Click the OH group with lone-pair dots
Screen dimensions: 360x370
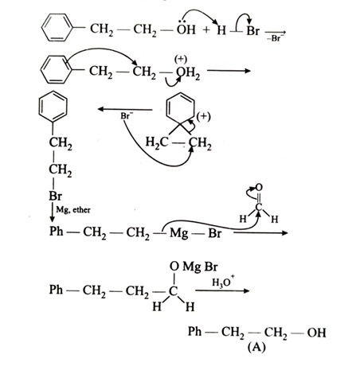[186, 28]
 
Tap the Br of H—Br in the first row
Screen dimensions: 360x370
[252, 30]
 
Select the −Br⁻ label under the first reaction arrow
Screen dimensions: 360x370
[276, 38]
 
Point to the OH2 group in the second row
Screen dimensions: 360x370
[188, 72]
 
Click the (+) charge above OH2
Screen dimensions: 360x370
[181, 60]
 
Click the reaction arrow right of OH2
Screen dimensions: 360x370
[229, 71]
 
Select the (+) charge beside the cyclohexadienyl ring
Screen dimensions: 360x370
[203, 116]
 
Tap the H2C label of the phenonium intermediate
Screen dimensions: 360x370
[157, 142]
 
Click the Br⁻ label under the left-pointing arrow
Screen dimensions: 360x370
[127, 116]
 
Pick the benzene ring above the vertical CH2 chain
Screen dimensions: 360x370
[53, 107]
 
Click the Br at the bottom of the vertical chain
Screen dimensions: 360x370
[55, 196]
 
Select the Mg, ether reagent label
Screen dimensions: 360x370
[73, 210]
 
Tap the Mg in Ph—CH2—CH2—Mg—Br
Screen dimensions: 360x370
[179, 233]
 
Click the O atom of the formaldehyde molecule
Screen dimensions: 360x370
[259, 188]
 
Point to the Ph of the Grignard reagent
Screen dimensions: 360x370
[57, 232]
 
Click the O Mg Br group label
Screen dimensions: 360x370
[194, 267]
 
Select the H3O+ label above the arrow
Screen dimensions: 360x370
[223, 282]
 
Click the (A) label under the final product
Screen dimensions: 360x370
[256, 347]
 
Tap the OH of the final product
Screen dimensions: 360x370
[316, 333]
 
